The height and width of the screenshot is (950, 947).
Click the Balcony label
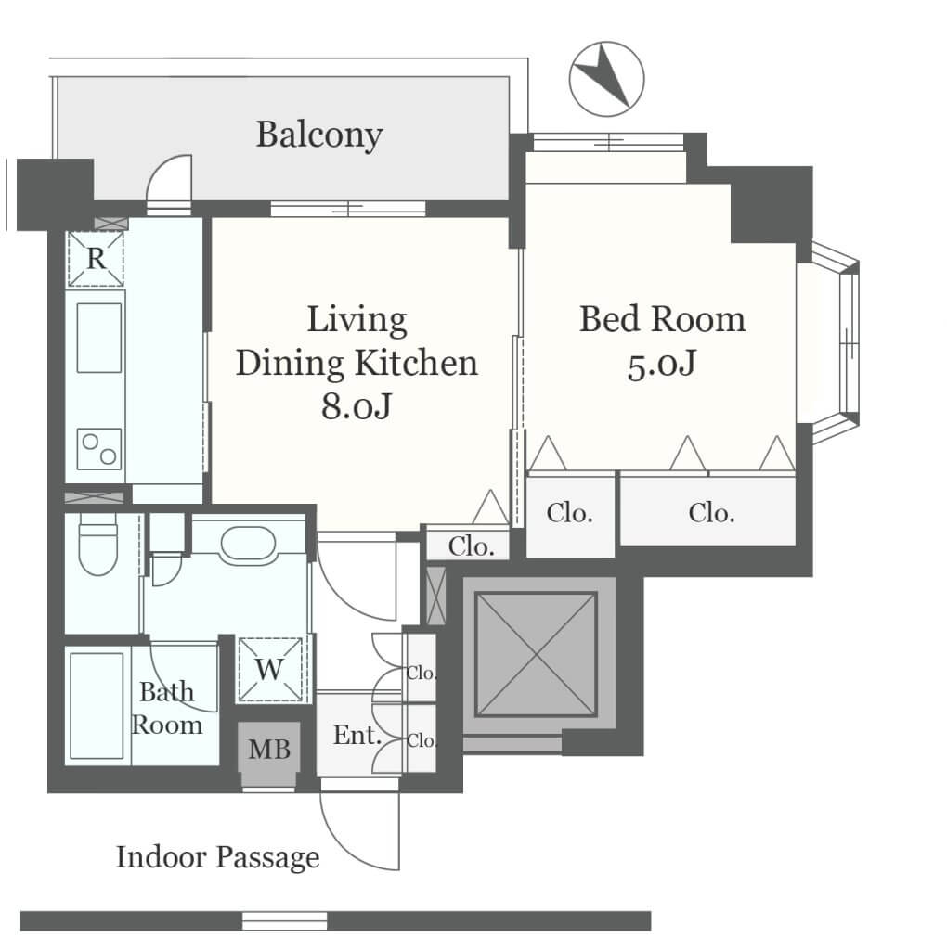pos(319,135)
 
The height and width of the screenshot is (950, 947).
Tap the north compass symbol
pos(606,79)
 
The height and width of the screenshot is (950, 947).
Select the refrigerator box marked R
pos(96,259)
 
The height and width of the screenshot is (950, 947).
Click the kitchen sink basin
pos(98,338)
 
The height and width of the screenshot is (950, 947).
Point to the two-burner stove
pos(98,449)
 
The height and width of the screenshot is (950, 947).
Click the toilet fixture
pos(97,544)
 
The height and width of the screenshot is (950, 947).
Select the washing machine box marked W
pos(270,669)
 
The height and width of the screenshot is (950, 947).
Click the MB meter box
pos(268,750)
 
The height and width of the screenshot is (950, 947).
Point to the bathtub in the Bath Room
pos(97,706)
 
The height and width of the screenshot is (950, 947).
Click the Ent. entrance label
pos(357,736)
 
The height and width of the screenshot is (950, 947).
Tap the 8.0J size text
pos(357,406)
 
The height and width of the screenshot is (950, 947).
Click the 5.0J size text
pos(661,365)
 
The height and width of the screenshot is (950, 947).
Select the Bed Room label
pos(662,319)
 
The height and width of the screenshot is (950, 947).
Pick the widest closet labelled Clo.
pos(707,511)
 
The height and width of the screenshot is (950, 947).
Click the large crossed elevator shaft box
pos(536,654)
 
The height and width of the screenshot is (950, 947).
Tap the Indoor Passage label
pos(217,858)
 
